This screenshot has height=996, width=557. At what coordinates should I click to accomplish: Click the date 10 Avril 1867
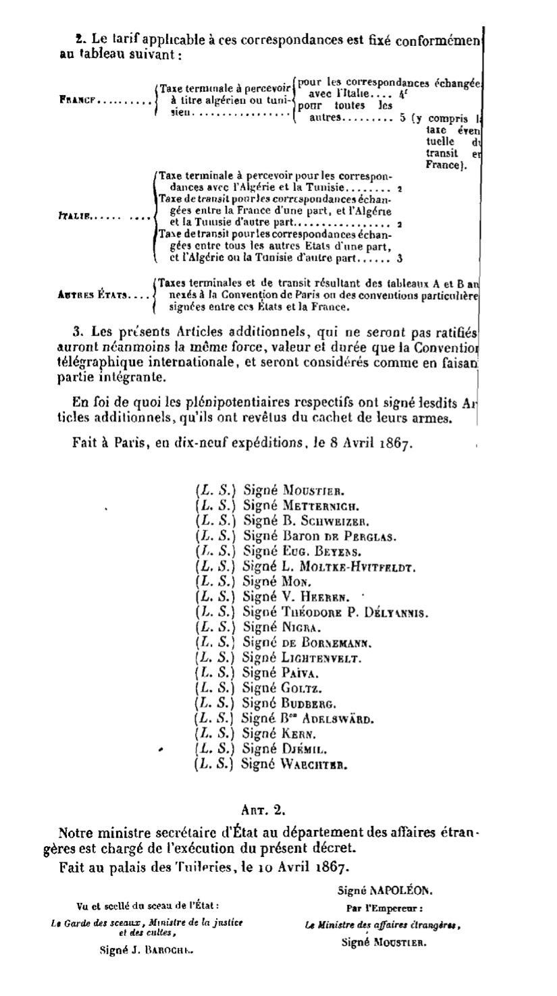click(x=286, y=866)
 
